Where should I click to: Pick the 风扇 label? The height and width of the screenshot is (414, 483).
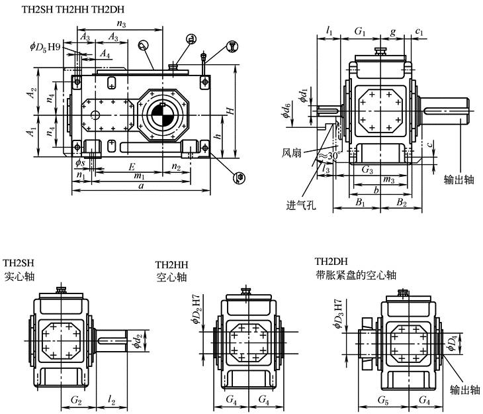290,152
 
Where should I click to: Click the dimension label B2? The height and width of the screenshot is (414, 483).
402,201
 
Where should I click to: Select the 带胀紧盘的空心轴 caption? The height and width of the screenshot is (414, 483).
356,274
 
